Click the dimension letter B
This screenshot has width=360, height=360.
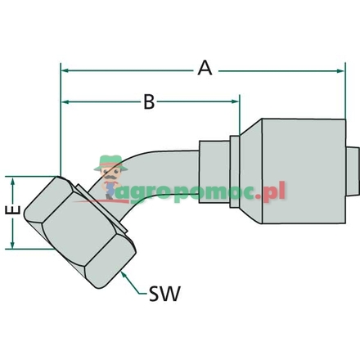150,101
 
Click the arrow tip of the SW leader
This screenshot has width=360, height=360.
123,272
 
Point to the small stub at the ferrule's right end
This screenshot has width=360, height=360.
351,171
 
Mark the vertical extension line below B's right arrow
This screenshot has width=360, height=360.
240,119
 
